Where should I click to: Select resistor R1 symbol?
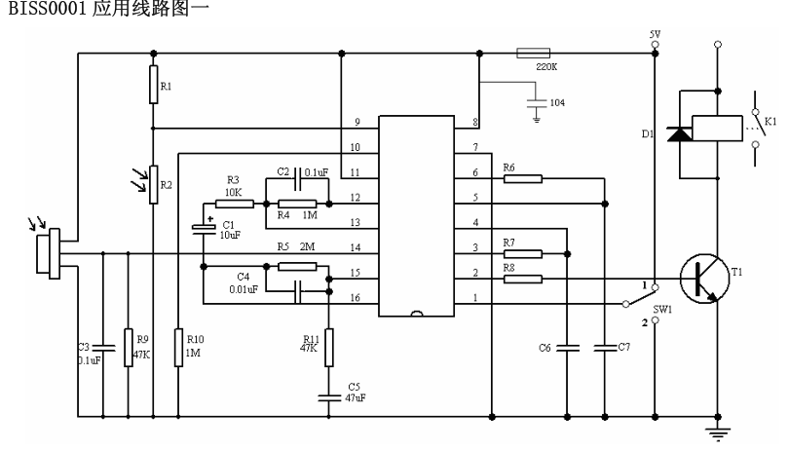coord(153,86)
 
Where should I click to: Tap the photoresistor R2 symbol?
coord(153,184)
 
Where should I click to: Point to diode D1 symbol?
coord(675,134)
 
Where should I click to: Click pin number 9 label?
coord(357,122)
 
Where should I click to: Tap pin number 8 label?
coord(476,122)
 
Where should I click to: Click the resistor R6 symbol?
coord(523,179)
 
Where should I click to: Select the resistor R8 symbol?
coord(523,280)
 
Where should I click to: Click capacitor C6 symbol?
coord(567,346)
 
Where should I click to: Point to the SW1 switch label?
coord(662,309)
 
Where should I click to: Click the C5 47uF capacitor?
coord(328,395)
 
